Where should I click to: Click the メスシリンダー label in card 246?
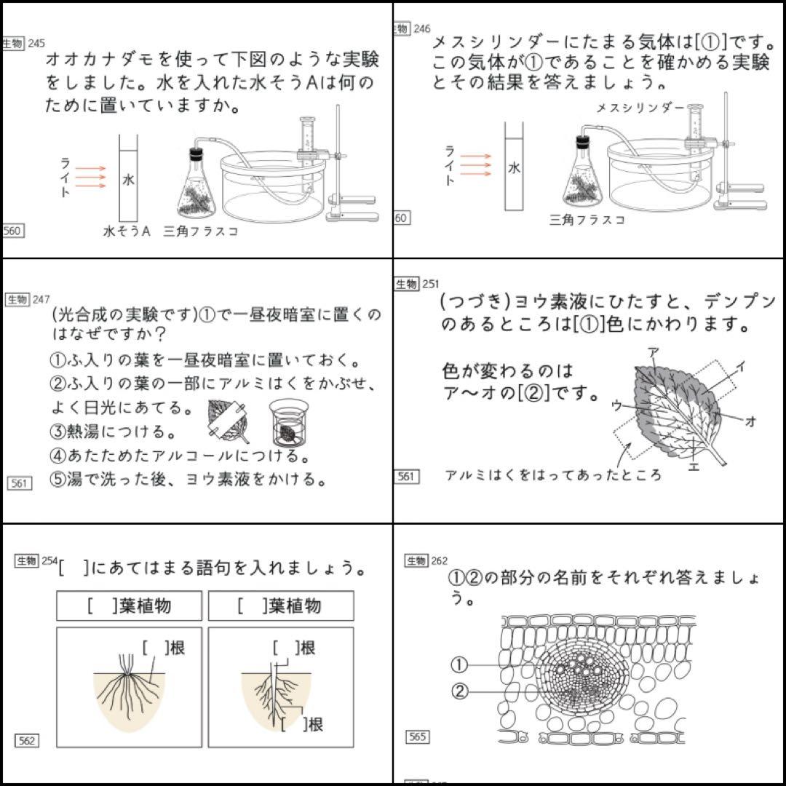640,108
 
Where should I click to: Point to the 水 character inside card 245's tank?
128,179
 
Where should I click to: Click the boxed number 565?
418,737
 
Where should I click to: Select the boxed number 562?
26,741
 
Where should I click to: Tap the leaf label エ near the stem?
693,467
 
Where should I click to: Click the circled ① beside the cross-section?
458,664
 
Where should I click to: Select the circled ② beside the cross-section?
458,691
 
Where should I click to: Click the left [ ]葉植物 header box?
129,606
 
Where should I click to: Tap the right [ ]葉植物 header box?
281,606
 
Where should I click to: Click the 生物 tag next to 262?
416,560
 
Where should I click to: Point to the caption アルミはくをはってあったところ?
553,475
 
